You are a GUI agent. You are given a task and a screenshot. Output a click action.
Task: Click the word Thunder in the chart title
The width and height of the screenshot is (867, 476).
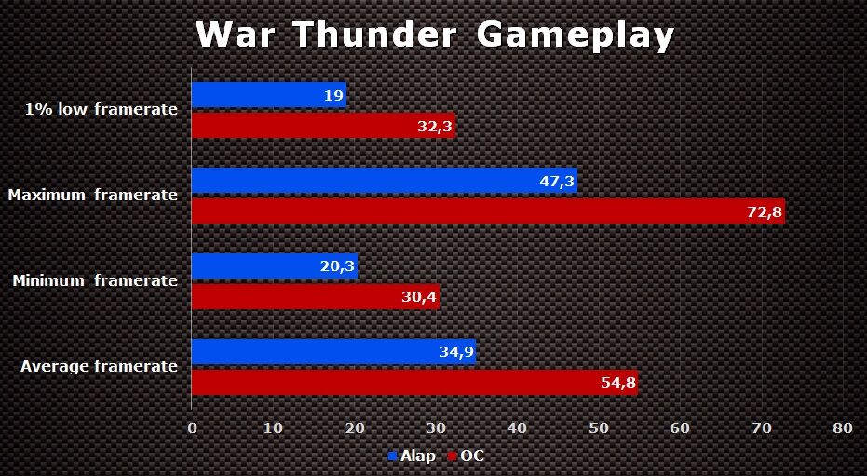click(x=374, y=35)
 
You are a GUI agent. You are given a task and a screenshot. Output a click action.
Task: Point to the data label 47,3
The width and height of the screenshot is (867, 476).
click(x=557, y=182)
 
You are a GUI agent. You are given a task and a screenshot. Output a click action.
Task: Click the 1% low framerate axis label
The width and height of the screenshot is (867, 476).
click(x=102, y=110)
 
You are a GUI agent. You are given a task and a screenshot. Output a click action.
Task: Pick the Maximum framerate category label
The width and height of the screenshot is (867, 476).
click(x=92, y=196)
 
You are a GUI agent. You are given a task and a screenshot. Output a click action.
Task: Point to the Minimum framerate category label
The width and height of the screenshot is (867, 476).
click(x=94, y=280)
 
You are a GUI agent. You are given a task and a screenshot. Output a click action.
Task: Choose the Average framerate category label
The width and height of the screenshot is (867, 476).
click(x=99, y=367)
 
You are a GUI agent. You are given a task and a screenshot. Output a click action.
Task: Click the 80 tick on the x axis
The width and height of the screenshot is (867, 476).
click(x=842, y=428)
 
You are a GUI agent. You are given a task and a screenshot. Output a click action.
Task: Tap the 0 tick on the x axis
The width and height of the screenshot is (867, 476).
click(x=192, y=428)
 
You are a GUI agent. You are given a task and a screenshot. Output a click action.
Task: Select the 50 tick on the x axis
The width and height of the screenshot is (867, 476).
click(x=598, y=428)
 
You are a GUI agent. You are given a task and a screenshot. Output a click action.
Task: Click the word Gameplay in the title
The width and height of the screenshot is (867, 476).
click(x=575, y=35)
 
